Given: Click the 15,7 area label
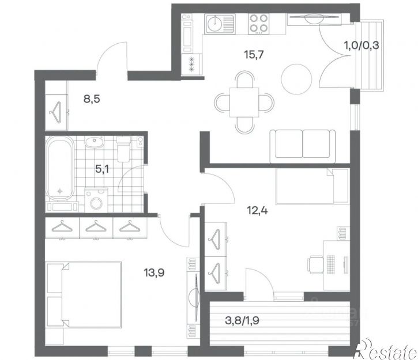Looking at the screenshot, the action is coord(254,55).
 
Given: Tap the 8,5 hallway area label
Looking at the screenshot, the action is coord(92,99).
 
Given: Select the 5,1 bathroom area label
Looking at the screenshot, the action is coord(102,169).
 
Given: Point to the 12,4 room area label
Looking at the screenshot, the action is coord(257,211).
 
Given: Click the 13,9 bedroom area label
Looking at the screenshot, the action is coord(154,272).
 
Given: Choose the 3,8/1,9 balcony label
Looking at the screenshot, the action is coord(242,321).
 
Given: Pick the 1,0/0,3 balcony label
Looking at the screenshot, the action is coord(361,46).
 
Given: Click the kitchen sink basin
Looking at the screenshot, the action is coord(216,24).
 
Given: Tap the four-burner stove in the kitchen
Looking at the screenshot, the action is coord(258,24).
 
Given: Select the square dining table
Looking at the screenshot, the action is coord(244,103).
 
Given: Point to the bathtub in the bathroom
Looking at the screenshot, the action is coord(60,168).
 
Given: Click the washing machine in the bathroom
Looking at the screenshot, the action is coord(96,201).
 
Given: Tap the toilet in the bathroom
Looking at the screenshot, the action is coord(123,149).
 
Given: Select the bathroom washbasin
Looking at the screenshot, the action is coord(93,142).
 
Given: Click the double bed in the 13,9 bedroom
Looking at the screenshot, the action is coord(84,295).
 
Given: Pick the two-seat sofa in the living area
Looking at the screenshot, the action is coord(303,146).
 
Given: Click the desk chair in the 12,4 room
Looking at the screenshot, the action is coord(315,264).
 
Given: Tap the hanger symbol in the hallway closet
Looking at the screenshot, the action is coord(55,112).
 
